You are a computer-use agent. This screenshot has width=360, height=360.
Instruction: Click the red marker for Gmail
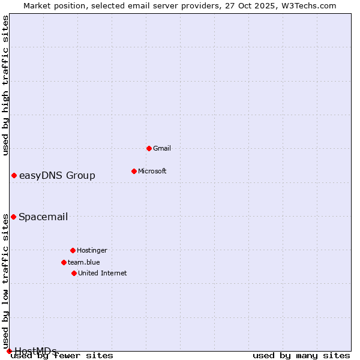pos(149,148)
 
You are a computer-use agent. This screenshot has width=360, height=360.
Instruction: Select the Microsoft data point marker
pos(134,171)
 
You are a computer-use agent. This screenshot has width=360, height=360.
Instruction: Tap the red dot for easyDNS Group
pos(14,175)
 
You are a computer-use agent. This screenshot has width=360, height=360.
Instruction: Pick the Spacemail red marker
pos(13,217)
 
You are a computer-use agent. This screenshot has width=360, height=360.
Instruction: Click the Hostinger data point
pos(73,250)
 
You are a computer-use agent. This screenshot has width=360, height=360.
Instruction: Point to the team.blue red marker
pos(64,262)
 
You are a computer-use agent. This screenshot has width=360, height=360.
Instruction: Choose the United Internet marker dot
pos(74,273)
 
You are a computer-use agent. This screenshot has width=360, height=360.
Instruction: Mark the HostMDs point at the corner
pos(9,351)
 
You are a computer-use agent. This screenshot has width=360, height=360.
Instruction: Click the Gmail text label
pos(162,148)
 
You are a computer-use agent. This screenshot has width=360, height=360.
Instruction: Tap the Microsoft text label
pos(152,171)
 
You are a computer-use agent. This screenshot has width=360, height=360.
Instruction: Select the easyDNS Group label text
pos(57,175)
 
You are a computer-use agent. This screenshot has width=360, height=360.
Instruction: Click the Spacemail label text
pos(43,217)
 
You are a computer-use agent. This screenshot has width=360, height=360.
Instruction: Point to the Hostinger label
pos(92,250)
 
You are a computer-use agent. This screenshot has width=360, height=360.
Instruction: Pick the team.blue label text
pos(84,262)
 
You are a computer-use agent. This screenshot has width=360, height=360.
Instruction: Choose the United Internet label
pos(103,273)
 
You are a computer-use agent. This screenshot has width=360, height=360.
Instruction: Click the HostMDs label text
pos(35,351)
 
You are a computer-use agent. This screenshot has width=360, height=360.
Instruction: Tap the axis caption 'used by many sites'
pos(301,356)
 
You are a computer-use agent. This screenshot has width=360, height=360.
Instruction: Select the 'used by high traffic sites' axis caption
pos(6,85)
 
